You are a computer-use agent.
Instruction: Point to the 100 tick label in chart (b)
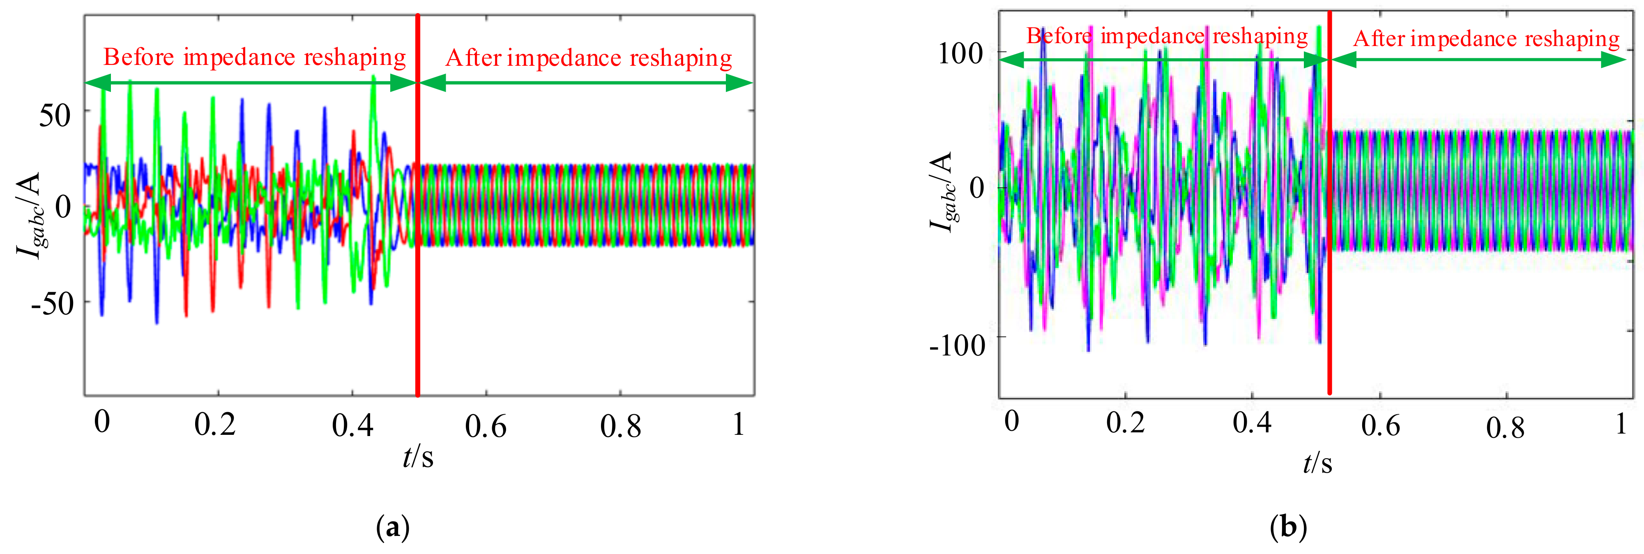(x=960, y=53)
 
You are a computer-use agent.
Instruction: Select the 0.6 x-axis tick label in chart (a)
(x=486, y=426)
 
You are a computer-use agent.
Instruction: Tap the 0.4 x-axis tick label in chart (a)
(x=352, y=425)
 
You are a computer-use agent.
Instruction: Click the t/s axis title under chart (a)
(x=418, y=457)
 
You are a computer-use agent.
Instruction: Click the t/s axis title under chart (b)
(x=1317, y=463)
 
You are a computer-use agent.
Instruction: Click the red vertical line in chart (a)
(x=417, y=255)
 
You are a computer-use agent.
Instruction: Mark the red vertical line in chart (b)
(x=1329, y=255)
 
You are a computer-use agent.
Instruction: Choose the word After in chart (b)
(x=1379, y=39)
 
